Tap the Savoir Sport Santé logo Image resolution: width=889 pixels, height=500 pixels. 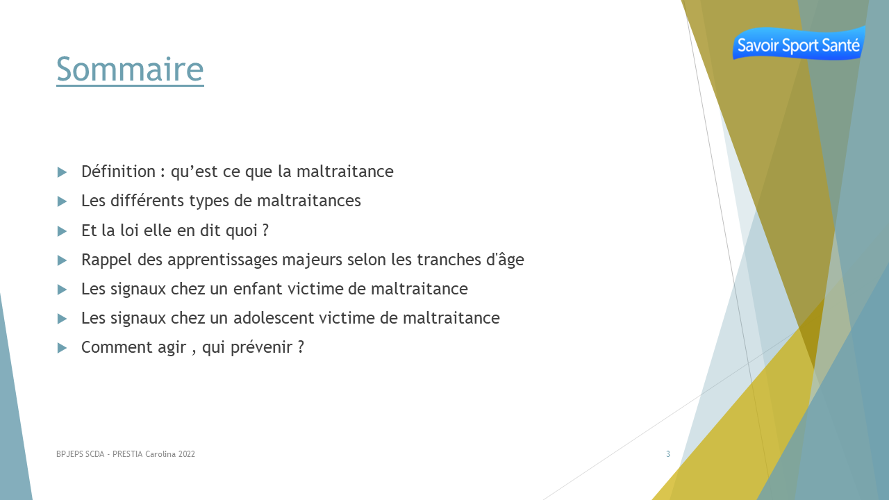coord(799,43)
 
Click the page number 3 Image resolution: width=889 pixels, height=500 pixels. coord(668,454)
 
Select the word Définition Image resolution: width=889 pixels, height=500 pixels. coord(118,172)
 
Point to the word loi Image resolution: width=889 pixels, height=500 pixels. coord(129,230)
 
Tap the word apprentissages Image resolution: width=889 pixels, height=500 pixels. coord(222,260)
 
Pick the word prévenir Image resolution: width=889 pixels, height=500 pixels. coord(262,348)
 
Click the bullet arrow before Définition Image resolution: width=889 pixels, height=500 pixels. coord(62,172)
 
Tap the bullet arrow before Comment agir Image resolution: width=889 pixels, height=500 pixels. coord(62,348)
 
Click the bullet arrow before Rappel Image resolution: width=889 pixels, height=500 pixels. coord(62,260)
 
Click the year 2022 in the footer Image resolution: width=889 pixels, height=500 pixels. coord(187,454)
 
